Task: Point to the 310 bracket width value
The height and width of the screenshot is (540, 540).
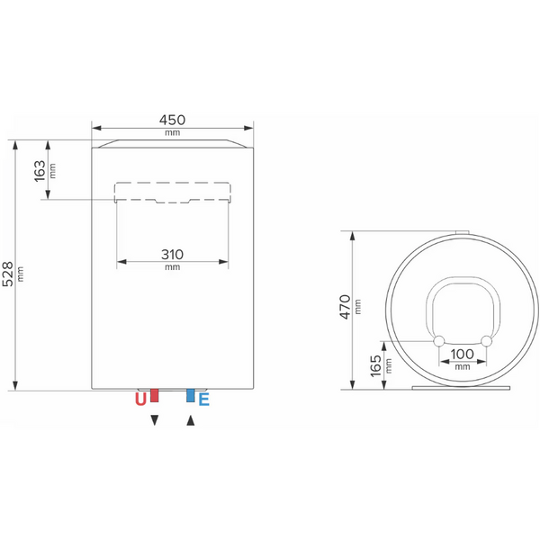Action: tap(173, 254)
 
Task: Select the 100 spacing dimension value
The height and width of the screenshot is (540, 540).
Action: tap(463, 355)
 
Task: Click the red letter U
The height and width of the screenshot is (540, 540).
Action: tap(140, 400)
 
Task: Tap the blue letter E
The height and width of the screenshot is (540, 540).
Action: tap(203, 400)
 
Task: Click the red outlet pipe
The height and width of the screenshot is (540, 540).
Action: tap(155, 395)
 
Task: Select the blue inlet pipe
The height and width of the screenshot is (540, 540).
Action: tap(190, 395)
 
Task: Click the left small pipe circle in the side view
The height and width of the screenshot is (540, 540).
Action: tap(439, 341)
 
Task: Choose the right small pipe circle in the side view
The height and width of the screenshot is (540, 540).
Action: tap(487, 341)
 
